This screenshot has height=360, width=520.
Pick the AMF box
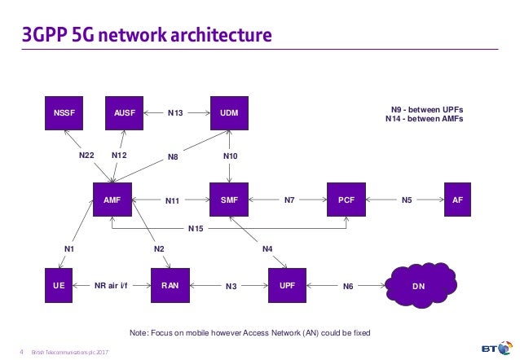[x=112, y=199]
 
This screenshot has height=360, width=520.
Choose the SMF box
[x=230, y=199]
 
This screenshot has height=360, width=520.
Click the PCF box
[x=346, y=199]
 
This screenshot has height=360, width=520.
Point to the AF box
[x=457, y=199]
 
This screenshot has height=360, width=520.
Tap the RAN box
[x=170, y=286]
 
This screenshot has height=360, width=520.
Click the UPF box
[x=288, y=286]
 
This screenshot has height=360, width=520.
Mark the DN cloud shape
[x=419, y=286]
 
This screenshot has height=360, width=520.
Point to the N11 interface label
[x=173, y=200]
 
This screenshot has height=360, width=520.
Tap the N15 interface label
[x=196, y=229]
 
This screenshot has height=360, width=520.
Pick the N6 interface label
[x=348, y=287]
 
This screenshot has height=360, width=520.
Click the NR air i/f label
[x=112, y=286]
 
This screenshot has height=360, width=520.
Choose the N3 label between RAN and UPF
[x=231, y=287]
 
